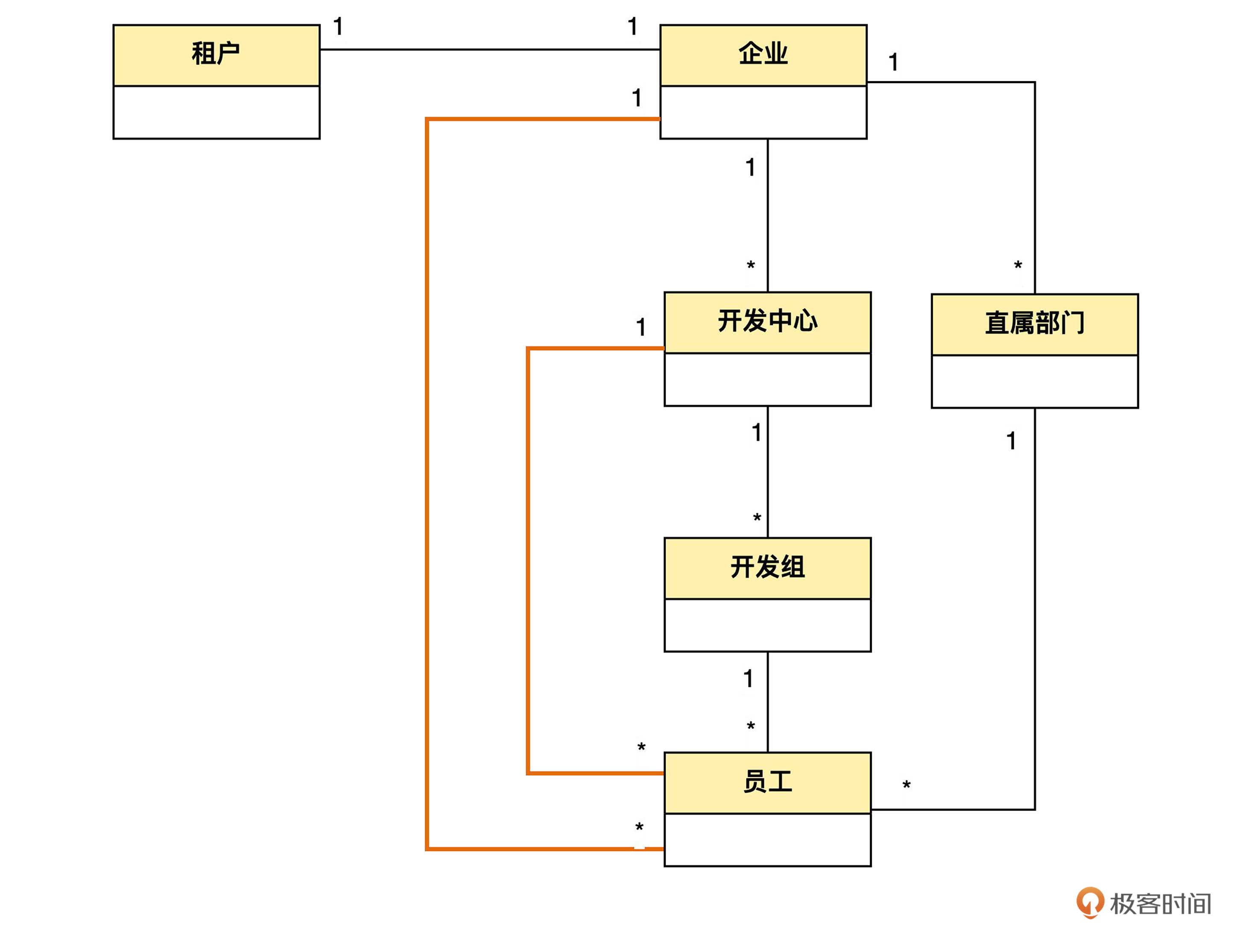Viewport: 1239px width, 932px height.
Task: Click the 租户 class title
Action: point(216,54)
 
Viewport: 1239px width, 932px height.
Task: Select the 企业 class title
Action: point(763,54)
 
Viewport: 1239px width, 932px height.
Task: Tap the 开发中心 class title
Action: point(767,321)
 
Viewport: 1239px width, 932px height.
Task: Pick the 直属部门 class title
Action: point(1034,324)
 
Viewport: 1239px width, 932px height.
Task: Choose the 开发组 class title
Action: point(767,567)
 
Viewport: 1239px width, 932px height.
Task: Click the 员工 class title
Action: point(767,782)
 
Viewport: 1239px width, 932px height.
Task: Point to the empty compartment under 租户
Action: point(216,112)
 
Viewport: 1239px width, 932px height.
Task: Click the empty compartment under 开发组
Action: point(767,625)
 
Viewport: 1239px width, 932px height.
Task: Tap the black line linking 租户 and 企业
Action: point(490,49)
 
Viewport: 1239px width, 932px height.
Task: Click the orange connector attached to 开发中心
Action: point(528,560)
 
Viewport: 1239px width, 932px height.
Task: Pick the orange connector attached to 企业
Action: point(427,482)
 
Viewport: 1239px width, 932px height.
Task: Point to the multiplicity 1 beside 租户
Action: point(338,26)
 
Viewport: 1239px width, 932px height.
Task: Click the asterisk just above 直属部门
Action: point(1018,265)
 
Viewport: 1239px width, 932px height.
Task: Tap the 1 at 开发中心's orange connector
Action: point(641,327)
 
